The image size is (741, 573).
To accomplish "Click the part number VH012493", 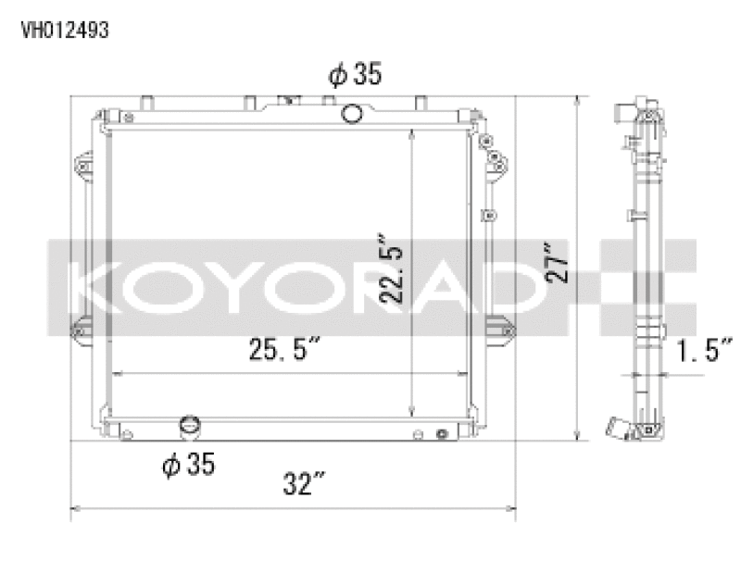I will [65, 30].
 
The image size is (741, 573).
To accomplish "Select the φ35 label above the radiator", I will [355, 76].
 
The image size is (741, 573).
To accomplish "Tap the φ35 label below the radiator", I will [189, 465].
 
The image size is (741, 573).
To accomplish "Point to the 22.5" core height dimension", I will [393, 273].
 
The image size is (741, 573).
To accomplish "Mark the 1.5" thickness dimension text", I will [705, 351].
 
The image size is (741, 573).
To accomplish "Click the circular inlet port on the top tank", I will [352, 114].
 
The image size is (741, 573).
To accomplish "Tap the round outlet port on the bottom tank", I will [191, 429].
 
